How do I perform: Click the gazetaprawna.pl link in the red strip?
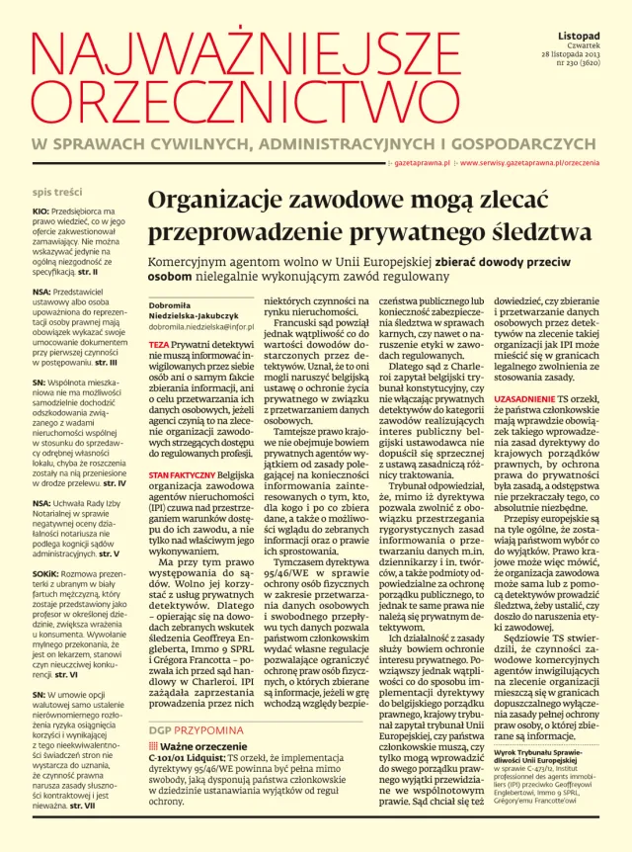[422, 161]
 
